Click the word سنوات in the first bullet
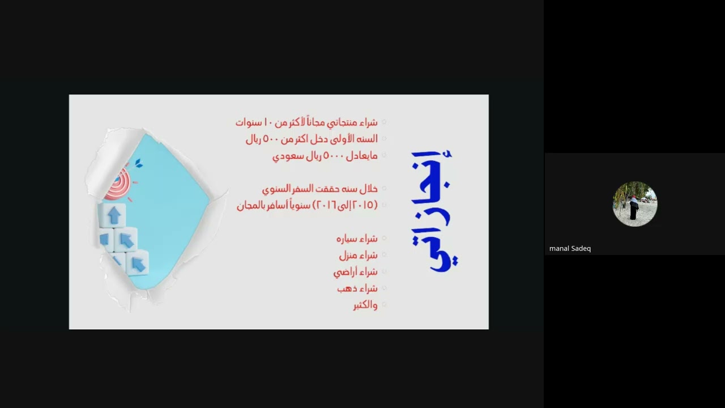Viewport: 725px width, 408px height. click(x=248, y=122)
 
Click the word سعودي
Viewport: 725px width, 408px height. click(x=285, y=156)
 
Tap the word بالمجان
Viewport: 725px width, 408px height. click(x=249, y=205)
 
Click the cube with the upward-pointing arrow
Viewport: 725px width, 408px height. click(x=114, y=215)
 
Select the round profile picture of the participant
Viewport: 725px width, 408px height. click(x=635, y=204)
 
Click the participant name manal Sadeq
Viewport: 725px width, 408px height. click(x=570, y=248)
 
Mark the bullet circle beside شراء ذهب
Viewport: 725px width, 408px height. click(x=384, y=288)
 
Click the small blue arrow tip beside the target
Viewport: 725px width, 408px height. click(x=138, y=164)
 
